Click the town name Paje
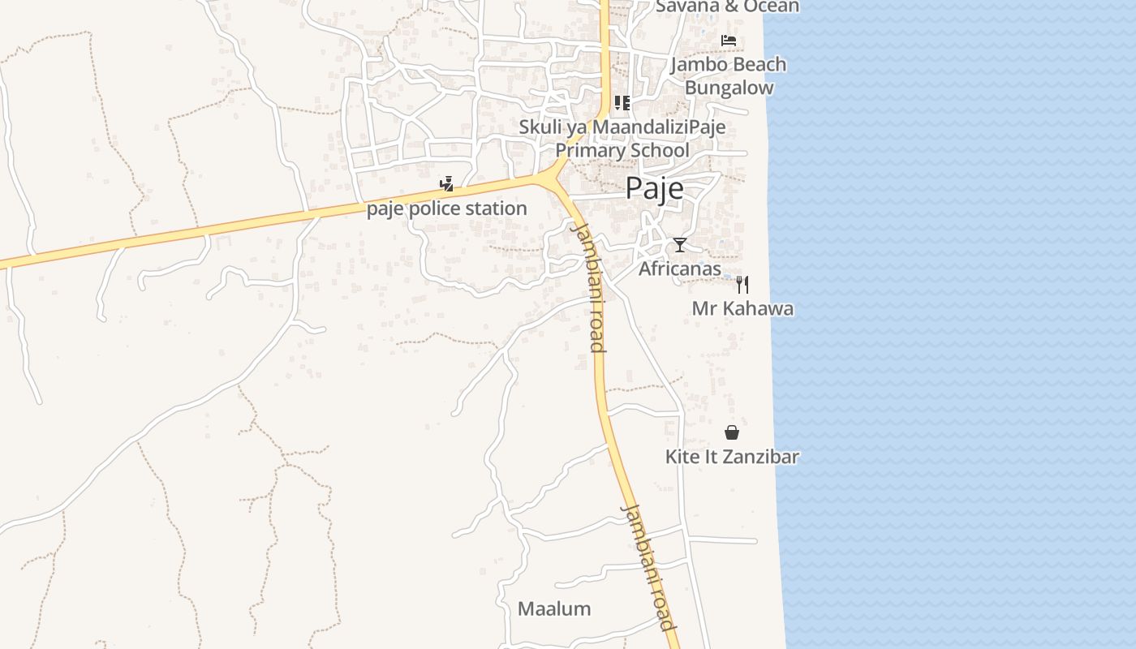pos(654,188)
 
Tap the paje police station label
pos(447,208)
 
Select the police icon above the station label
pos(445,183)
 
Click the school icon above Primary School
pos(622,103)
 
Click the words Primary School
pos(622,150)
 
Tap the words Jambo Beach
pos(729,64)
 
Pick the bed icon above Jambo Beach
pos(729,40)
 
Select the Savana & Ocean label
pos(727,6)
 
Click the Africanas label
pos(680,268)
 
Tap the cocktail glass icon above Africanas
pos(680,244)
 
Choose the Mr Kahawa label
pos(742,308)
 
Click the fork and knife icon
pos(742,284)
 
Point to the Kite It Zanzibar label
pos(732,456)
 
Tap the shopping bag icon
pos(732,432)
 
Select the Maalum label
pos(554,608)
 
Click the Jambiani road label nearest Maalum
pos(648,567)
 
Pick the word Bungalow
pos(729,88)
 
